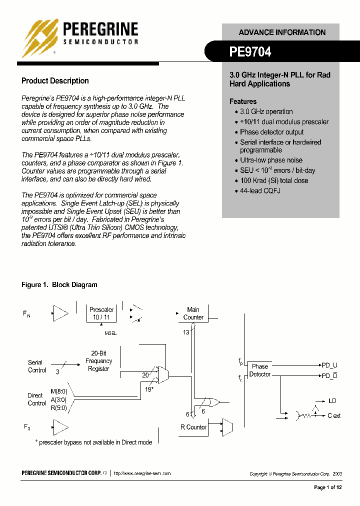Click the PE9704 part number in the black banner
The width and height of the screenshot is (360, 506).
click(x=250, y=51)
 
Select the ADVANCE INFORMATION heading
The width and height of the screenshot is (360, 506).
click(x=282, y=32)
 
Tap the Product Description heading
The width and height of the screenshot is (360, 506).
click(x=55, y=81)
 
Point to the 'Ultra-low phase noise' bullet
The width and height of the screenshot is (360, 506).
click(x=271, y=160)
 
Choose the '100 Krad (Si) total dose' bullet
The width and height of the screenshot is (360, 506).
click(x=274, y=180)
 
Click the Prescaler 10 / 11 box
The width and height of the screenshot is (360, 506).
click(x=101, y=313)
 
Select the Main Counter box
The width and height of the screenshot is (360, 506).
click(x=193, y=313)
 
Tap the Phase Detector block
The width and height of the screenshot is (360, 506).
click(x=260, y=370)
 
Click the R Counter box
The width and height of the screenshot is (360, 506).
click(x=193, y=427)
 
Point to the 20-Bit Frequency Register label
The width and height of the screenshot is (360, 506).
click(x=98, y=361)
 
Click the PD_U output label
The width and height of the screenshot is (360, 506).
click(x=329, y=365)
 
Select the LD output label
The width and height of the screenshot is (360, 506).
click(x=332, y=401)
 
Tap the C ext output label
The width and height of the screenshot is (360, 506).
click(x=334, y=415)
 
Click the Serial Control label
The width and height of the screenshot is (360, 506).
click(x=36, y=366)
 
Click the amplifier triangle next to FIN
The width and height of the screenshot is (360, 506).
click(x=60, y=313)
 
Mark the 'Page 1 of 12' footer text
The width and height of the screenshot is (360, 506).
click(x=327, y=487)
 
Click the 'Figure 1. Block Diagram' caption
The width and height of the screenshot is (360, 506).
click(x=59, y=285)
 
